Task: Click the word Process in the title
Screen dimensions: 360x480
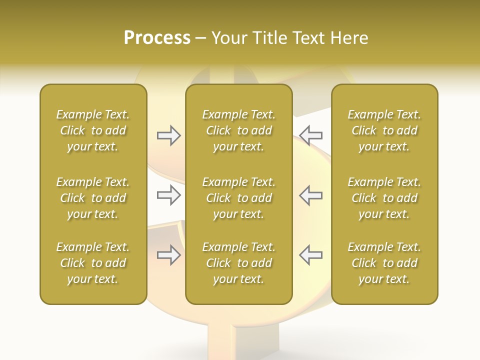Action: [157, 38]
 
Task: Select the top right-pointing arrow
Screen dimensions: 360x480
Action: [168, 135]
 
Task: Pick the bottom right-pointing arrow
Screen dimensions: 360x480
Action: [168, 255]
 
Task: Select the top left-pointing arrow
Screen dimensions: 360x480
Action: [311, 135]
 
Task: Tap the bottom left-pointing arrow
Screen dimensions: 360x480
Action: [311, 255]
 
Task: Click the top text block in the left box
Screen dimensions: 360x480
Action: [93, 130]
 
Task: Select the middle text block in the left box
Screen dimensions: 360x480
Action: [93, 198]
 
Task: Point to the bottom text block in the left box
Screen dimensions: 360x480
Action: [93, 263]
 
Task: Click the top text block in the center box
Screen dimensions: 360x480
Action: [238, 130]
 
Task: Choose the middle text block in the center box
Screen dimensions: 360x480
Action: [238, 198]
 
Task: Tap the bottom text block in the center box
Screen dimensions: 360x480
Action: [238, 263]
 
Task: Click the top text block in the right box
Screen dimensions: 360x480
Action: [384, 130]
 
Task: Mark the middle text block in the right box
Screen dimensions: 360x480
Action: [384, 198]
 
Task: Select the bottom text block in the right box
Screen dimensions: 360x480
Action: [384, 263]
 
